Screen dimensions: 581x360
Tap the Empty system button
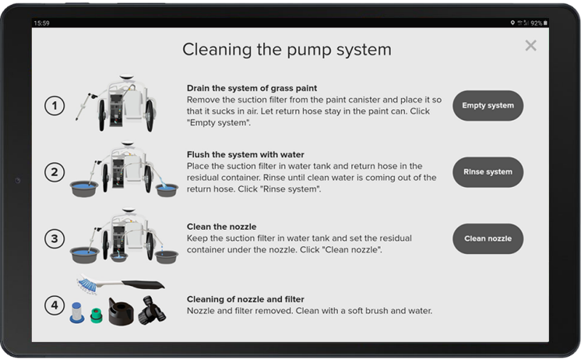tap(488, 106)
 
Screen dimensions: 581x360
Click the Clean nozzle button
tap(488, 238)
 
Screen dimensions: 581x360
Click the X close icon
tap(530, 46)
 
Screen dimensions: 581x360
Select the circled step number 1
tap(55, 106)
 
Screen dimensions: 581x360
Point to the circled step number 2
tap(55, 172)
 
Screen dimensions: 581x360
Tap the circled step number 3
tap(55, 238)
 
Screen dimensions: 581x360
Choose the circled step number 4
tap(55, 305)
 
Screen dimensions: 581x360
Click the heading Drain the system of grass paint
tap(252, 88)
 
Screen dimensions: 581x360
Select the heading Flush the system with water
tap(245, 154)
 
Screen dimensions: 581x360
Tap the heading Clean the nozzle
tap(221, 227)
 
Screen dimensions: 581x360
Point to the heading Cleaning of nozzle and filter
tap(245, 299)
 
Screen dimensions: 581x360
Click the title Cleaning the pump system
tap(287, 50)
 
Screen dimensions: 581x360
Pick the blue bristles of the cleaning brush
tap(86, 284)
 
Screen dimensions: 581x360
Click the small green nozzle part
tap(97, 315)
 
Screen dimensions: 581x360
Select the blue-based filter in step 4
tap(76, 312)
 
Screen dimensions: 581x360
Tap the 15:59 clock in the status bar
tap(41, 23)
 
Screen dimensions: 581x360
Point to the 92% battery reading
tap(536, 23)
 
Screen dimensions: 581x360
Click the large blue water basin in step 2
tap(84, 188)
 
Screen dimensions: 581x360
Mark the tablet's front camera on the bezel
tap(17, 181)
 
